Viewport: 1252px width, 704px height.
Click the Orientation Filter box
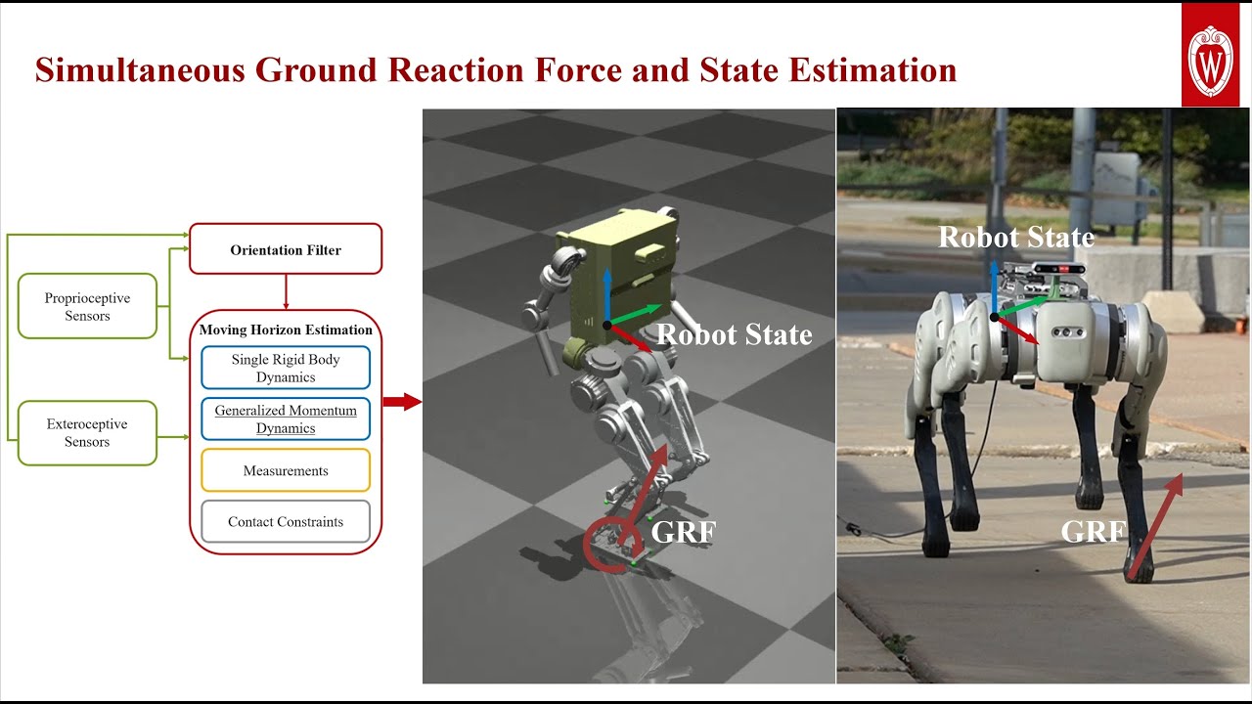click(x=286, y=250)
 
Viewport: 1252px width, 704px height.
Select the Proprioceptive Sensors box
click(x=87, y=307)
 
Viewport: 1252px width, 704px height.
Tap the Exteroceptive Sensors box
click(x=87, y=433)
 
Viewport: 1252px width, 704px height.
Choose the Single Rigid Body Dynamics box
click(x=286, y=369)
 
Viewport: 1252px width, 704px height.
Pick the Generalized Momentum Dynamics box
click(x=286, y=419)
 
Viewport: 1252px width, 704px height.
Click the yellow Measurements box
click(x=286, y=471)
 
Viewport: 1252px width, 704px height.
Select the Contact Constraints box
click(x=286, y=522)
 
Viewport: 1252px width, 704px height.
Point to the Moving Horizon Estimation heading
click(x=286, y=330)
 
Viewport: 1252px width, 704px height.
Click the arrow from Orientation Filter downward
click(x=286, y=291)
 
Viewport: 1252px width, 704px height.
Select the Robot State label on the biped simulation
click(x=735, y=335)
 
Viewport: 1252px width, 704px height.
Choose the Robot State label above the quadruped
click(x=1016, y=238)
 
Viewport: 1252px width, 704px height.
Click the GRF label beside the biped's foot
click(x=685, y=534)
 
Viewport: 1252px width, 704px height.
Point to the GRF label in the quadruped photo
click(x=1095, y=532)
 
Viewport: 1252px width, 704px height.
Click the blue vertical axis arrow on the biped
click(x=606, y=295)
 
